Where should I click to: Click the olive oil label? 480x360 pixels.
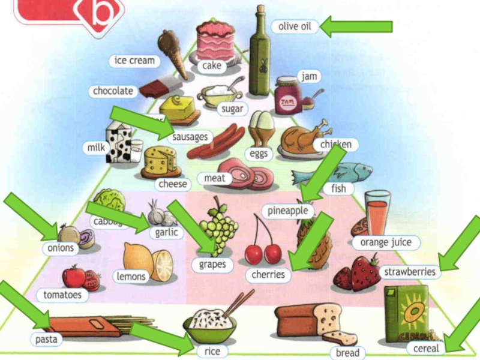(x=295, y=26)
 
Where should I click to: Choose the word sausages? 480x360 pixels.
(x=190, y=137)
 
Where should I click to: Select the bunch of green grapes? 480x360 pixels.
(x=219, y=225)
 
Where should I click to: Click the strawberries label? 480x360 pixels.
(x=410, y=272)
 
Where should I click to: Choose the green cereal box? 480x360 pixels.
(x=406, y=314)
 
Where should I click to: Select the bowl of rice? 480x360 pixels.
(x=210, y=324)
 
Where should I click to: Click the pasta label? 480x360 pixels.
(x=46, y=340)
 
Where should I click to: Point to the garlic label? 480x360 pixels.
(x=166, y=232)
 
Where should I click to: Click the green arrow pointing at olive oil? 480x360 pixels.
(x=357, y=26)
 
